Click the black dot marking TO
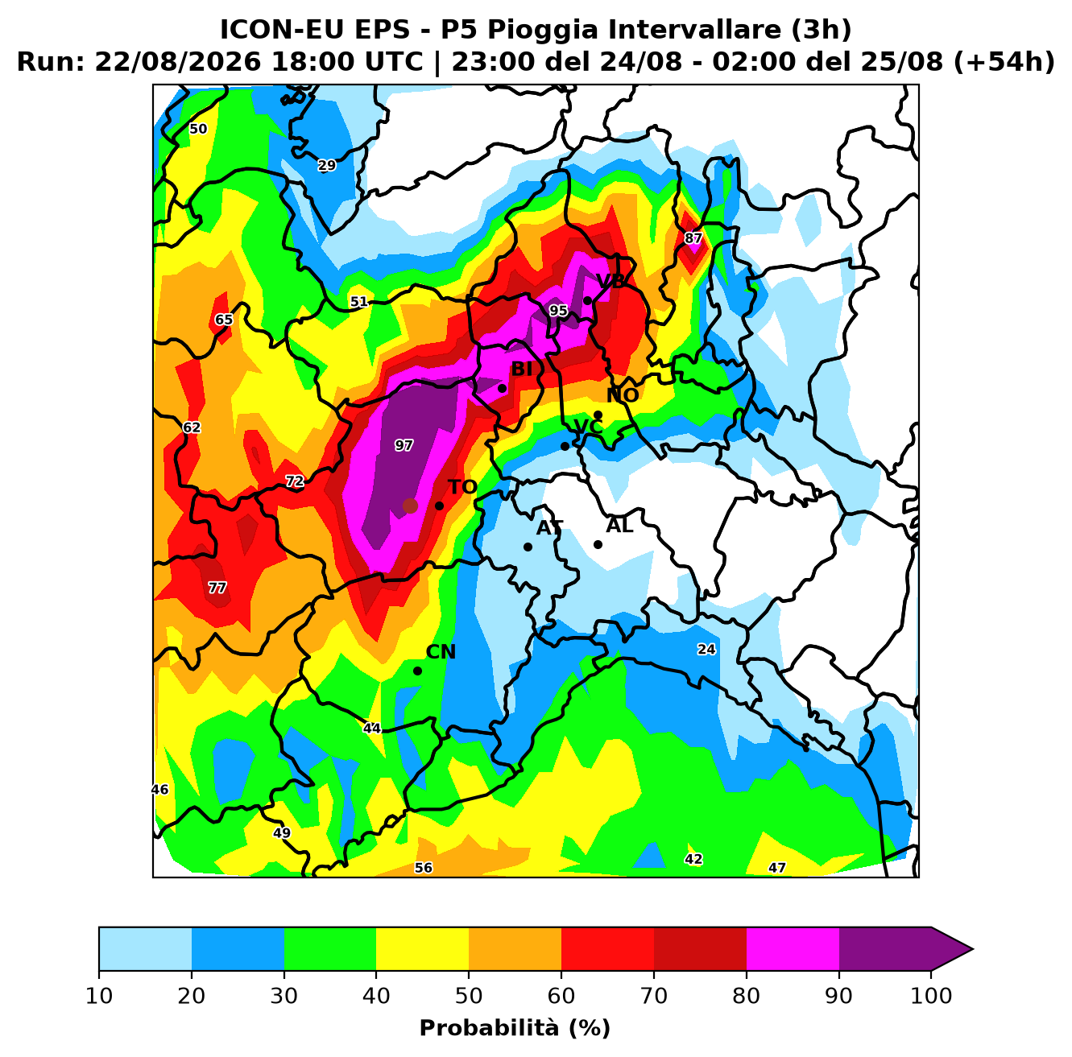(439, 506)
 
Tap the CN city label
(441, 652)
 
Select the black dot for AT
(528, 547)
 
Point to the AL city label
(619, 526)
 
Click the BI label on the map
(521, 370)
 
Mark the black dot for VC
(565, 446)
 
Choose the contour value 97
(404, 446)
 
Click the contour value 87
(693, 238)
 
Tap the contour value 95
(558, 311)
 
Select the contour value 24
(706, 649)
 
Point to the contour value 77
(217, 588)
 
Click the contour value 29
(327, 165)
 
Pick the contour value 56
(424, 868)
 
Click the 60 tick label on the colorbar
(561, 996)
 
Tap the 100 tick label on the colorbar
(931, 996)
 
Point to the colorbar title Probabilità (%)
(515, 1028)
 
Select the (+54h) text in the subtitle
(1004, 62)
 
